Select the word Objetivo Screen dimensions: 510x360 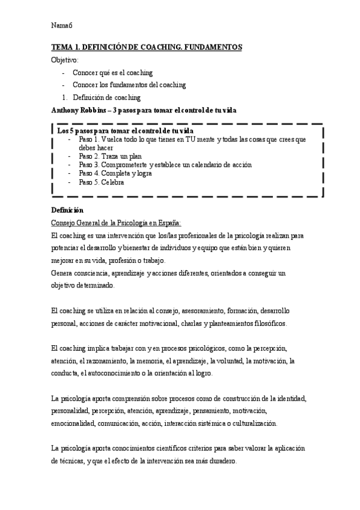(x=65, y=60)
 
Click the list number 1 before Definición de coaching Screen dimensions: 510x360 (x=64, y=97)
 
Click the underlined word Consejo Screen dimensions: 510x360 (x=64, y=223)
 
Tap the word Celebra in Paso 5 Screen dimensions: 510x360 (x=112, y=182)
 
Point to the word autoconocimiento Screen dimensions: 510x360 (x=129, y=374)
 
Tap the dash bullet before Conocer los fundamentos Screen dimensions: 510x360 (x=63, y=85)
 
